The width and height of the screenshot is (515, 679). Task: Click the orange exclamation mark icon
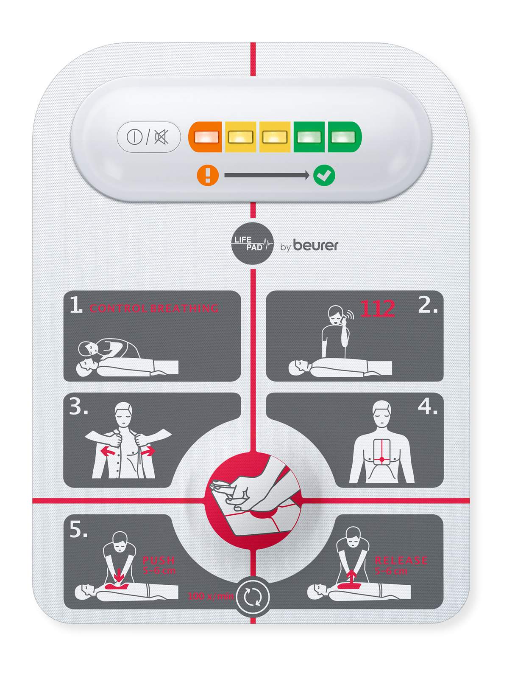point(208,175)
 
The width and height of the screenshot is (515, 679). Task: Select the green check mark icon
point(324,175)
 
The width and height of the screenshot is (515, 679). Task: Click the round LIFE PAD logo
point(252,244)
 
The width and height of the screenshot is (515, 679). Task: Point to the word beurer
point(315,245)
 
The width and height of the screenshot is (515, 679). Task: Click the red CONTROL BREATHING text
point(154,308)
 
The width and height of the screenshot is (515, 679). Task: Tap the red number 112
point(378,309)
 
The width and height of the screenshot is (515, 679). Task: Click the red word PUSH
point(159,560)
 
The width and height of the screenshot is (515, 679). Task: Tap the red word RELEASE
point(401,560)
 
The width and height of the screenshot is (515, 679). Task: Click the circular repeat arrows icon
point(253,597)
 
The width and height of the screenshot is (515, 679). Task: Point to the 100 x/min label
point(210,596)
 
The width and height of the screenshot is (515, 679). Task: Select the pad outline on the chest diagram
point(382,452)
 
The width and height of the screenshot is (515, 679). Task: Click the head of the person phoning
point(336,314)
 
